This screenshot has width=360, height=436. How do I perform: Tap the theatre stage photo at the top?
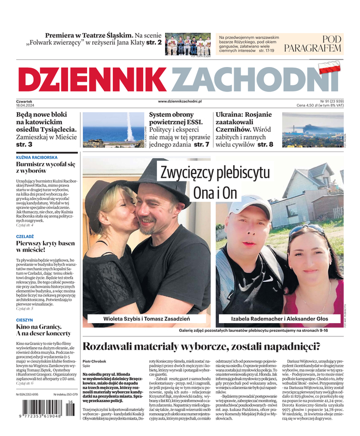[x=187, y=44]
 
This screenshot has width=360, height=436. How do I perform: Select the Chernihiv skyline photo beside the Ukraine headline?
[x=313, y=130]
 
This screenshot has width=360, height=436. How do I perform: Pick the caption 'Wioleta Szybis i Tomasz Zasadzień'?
[x=147, y=319]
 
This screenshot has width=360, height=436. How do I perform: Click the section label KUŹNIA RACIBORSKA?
[x=37, y=157]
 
